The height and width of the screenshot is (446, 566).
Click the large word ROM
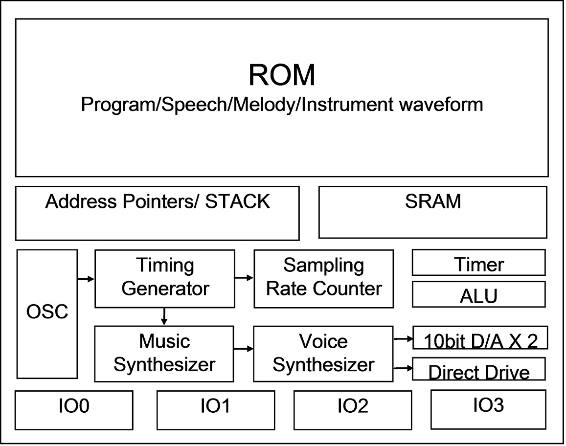point(282,75)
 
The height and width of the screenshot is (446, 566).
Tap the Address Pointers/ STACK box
point(157,213)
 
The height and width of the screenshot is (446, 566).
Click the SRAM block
point(433,212)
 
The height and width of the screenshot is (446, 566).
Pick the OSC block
point(47,313)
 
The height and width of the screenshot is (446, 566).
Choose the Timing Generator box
point(164,278)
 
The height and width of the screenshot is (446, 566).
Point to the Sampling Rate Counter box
point(323,278)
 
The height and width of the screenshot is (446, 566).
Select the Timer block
point(478,263)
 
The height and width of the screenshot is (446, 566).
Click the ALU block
point(478,294)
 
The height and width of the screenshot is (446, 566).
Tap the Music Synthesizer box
point(164,354)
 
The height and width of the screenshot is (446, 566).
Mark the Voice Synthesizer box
point(323,354)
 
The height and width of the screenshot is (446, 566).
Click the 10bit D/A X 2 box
point(480,338)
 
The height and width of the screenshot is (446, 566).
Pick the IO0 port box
point(74,409)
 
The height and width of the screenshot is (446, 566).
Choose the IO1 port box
point(215,410)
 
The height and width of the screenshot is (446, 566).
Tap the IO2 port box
point(352,410)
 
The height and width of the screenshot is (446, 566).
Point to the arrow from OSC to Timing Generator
point(86,279)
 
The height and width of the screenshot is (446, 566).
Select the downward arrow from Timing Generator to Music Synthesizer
point(164,317)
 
